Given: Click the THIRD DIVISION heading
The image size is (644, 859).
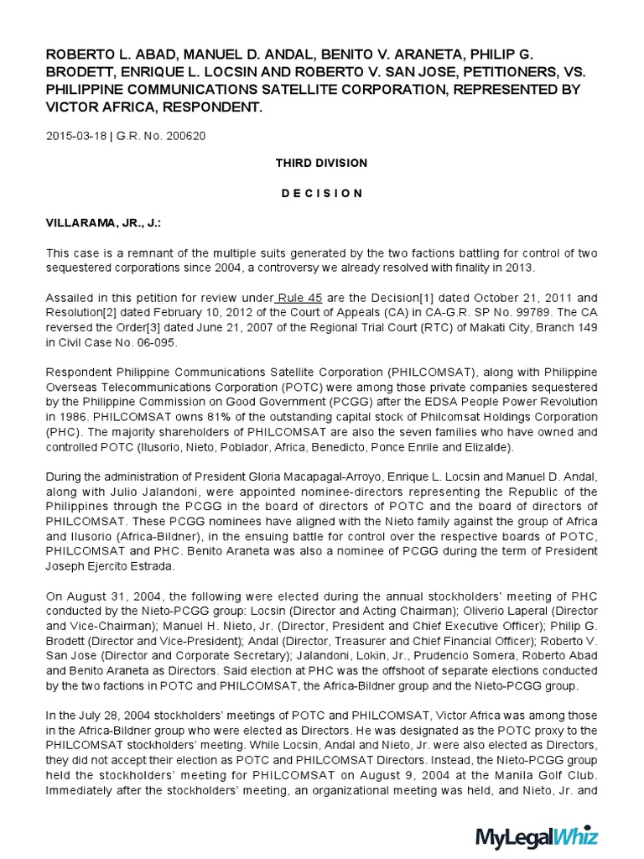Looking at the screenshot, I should (x=321, y=163).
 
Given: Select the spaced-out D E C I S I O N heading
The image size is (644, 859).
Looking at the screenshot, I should (x=321, y=193).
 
